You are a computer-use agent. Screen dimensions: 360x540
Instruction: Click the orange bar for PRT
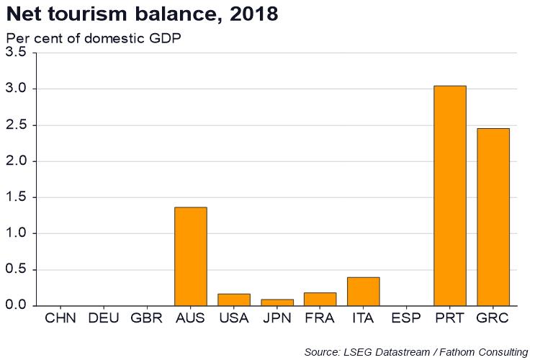pos(450,196)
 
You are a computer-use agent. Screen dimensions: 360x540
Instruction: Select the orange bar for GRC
pos(493,217)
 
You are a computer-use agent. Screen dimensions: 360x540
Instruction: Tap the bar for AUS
pos(191,256)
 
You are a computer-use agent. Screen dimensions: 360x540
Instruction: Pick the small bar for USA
pos(234,300)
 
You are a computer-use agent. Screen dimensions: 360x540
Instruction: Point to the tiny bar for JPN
pos(277,302)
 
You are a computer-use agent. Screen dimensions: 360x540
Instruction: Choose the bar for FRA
pos(320,299)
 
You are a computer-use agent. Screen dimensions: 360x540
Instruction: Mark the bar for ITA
pos(364,292)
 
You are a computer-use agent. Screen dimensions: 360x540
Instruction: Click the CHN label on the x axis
pos(61,318)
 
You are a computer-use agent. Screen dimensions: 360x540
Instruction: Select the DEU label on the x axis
pos(104,318)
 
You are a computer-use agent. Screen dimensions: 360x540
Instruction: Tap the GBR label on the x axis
pos(147,318)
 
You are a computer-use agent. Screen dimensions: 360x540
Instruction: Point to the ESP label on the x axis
pos(406,318)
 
